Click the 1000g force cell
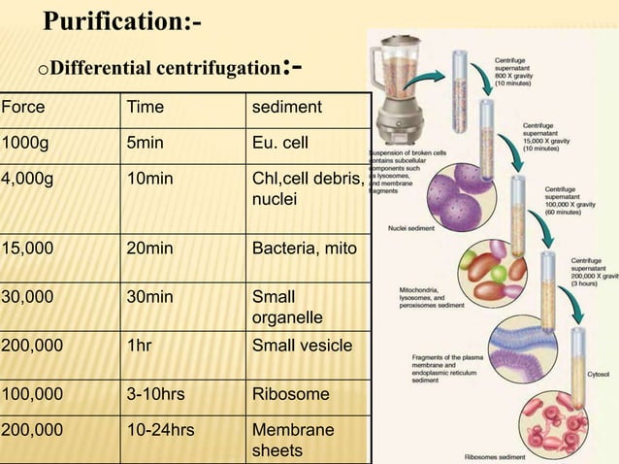click(x=25, y=142)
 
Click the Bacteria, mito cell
click(x=304, y=249)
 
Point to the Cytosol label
click(x=599, y=372)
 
